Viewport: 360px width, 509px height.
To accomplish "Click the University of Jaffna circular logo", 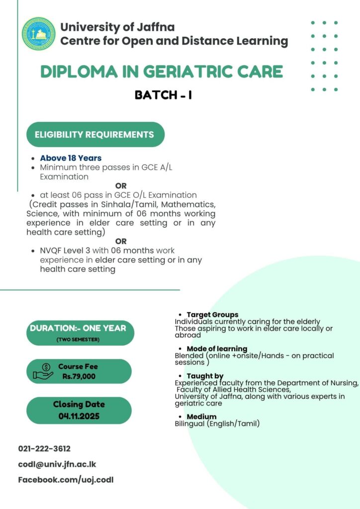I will tap(39, 34).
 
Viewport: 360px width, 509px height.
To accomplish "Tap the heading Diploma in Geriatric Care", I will tap(162, 72).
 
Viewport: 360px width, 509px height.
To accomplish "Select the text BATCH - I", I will tap(164, 95).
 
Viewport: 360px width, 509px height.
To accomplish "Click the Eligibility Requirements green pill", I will tap(94, 135).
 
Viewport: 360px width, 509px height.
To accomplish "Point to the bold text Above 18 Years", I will tap(71, 158).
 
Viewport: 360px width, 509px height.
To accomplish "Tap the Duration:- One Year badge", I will tap(78, 328).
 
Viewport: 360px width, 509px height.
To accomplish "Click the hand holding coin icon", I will tap(42, 371).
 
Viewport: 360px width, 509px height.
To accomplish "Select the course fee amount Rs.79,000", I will tap(79, 376).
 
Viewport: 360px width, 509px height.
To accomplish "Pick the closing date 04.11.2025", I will tap(79, 416).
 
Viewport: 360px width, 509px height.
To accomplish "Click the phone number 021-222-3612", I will tap(44, 448).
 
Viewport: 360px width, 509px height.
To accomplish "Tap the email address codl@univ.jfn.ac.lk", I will tap(57, 464).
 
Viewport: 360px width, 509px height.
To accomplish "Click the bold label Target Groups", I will tap(212, 315).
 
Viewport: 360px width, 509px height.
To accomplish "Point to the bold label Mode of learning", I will tap(217, 349).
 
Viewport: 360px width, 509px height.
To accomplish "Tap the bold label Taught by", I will tap(205, 376).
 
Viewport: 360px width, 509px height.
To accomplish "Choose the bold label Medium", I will tap(201, 417).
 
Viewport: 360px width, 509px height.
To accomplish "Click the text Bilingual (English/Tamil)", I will tap(217, 424).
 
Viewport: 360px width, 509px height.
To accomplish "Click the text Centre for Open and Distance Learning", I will tap(174, 41).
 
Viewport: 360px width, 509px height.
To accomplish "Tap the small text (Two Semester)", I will tap(78, 339).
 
